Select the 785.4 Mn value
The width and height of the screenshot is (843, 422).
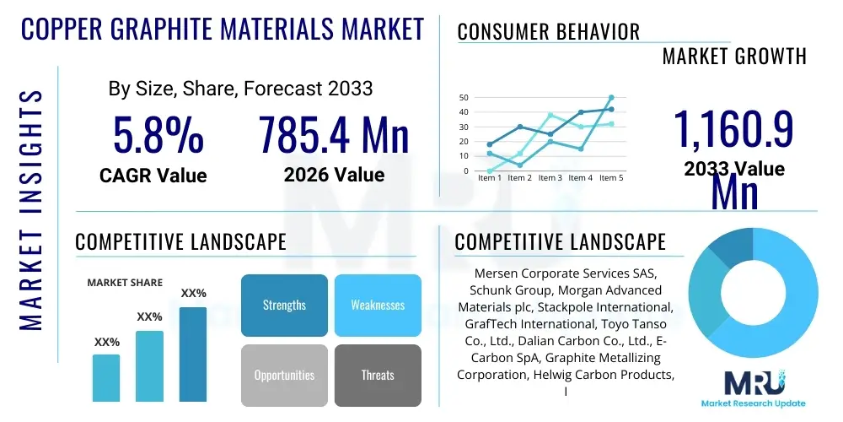click(x=334, y=135)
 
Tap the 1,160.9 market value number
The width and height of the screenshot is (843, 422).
click(x=733, y=130)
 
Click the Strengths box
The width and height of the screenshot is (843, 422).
click(x=284, y=305)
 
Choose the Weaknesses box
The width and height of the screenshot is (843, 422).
click(x=378, y=305)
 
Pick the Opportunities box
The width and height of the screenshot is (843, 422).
click(x=284, y=375)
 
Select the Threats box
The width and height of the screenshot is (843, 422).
click(x=378, y=375)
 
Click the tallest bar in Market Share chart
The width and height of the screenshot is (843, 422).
click(x=193, y=354)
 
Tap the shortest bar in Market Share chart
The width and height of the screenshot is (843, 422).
click(x=106, y=377)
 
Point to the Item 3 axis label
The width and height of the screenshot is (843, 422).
click(x=550, y=178)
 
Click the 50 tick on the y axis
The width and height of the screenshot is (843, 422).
click(x=463, y=97)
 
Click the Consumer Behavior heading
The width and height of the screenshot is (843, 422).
click(x=548, y=32)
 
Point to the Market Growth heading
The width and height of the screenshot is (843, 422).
click(x=734, y=57)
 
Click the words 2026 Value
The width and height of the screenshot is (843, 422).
click(x=334, y=175)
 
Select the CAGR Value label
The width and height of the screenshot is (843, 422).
click(x=153, y=175)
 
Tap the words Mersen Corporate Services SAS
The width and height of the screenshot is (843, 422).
click(x=564, y=274)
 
